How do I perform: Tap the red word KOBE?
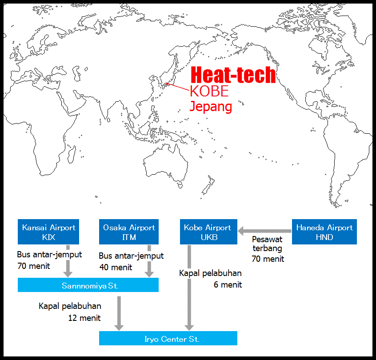coord(209,91)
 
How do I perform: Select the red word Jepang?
coord(211,107)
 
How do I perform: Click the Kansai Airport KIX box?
coord(48,232)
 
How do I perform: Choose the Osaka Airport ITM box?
coord(129,232)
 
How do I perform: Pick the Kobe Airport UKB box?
coord(208,232)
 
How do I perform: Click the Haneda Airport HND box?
coord(324,232)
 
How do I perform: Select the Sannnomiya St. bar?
coord(88,285)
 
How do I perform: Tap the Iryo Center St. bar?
coord(168,339)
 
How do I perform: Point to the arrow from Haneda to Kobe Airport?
coord(264,231)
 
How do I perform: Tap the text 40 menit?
coord(116,267)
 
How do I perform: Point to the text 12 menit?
coord(84,318)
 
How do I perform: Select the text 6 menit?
coord(228,284)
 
